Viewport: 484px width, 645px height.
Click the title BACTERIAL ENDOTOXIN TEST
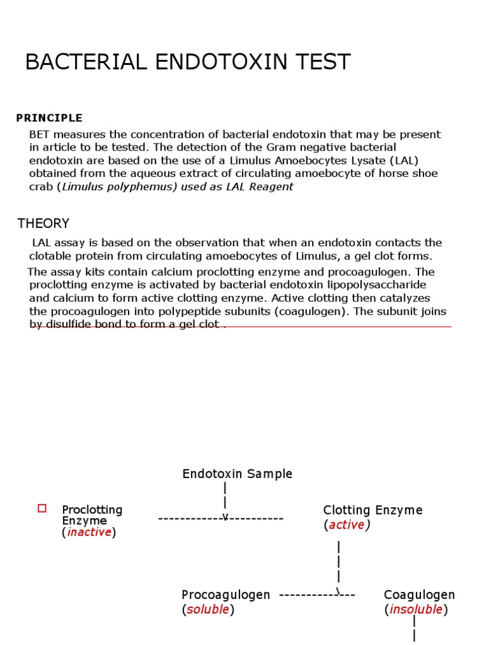[x=188, y=62]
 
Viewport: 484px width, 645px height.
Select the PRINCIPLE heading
[x=49, y=118]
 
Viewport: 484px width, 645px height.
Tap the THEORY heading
[x=43, y=224]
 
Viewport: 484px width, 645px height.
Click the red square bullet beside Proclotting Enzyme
[x=42, y=508]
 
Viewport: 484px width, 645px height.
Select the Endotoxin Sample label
[x=238, y=474]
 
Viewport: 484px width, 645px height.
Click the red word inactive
[x=89, y=532]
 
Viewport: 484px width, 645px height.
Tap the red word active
[x=347, y=525]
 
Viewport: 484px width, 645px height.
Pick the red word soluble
[x=208, y=610]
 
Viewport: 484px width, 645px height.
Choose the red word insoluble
[x=417, y=609]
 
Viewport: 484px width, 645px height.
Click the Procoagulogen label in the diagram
[x=226, y=595]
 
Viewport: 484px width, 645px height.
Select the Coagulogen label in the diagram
[x=419, y=595]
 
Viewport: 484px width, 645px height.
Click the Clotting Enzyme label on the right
[x=372, y=510]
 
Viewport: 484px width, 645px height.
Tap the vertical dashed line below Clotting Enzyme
[x=339, y=564]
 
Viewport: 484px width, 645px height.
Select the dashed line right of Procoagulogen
[x=317, y=595]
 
